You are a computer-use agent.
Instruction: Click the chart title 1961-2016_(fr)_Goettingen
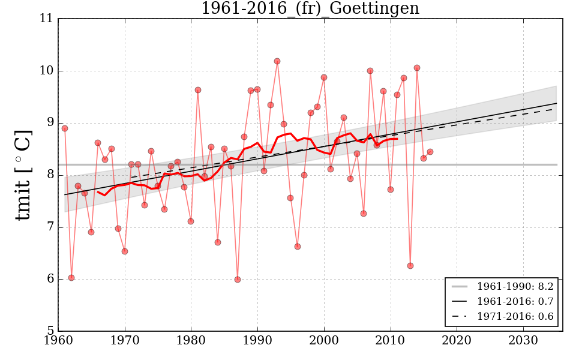[x=310, y=9]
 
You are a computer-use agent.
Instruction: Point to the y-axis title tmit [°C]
[x=23, y=175]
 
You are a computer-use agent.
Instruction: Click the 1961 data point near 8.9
[x=65, y=128]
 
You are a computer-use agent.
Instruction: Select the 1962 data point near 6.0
[x=71, y=278]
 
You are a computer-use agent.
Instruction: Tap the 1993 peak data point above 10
[x=277, y=61]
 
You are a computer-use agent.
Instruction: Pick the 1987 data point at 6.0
[x=238, y=280]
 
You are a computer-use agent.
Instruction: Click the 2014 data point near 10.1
[x=417, y=68]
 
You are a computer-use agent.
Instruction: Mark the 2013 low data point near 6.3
[x=410, y=266]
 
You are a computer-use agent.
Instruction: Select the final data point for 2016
[x=430, y=152]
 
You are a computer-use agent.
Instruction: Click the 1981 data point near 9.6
[x=198, y=90]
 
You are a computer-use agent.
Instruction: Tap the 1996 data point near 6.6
[x=298, y=247]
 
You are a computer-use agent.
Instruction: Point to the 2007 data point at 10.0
[x=370, y=71]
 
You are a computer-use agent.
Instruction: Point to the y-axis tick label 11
[x=47, y=19]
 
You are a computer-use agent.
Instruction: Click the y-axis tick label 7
[x=50, y=227]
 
